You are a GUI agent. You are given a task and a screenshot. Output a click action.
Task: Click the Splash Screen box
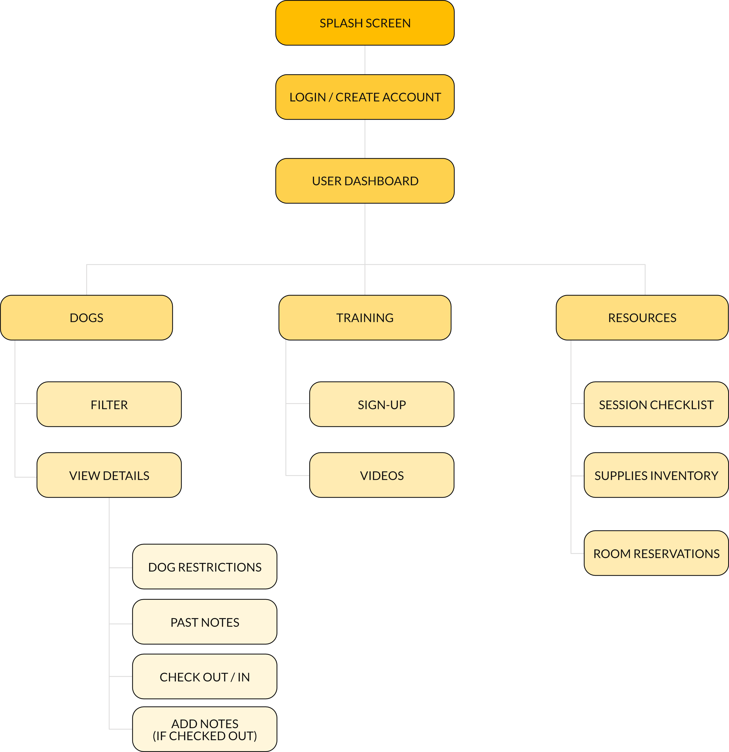point(365,23)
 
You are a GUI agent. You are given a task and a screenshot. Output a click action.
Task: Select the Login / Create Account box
point(365,97)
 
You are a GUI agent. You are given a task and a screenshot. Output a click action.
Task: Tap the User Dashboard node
point(365,181)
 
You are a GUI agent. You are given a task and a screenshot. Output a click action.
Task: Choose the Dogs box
point(86,318)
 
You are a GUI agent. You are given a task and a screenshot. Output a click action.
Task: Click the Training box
point(365,318)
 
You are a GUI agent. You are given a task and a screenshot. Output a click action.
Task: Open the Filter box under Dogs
point(109,404)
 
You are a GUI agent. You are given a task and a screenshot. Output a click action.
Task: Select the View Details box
point(109,475)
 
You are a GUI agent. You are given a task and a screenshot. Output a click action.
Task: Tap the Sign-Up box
point(381,404)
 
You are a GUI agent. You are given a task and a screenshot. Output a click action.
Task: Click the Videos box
point(381,475)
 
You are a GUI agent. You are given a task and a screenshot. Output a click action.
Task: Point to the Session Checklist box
point(656,404)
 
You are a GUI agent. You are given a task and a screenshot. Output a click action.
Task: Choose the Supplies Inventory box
point(656,475)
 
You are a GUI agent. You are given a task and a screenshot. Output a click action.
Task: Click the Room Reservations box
point(656,553)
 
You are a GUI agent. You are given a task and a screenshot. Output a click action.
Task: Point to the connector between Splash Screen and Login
point(365,60)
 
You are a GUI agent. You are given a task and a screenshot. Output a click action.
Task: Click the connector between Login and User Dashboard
point(365,139)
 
